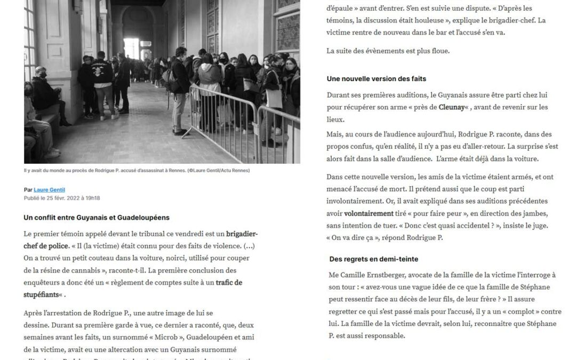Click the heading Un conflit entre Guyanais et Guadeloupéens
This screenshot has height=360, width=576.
tap(97, 218)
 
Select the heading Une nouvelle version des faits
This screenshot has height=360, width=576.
tap(377, 79)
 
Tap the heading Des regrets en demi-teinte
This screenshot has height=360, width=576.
tap(373, 259)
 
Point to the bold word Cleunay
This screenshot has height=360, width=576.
tap(451, 107)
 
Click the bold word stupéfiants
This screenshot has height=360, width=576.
tap(41, 295)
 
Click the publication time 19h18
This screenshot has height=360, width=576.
tap(93, 198)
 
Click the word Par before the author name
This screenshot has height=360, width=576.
tap(28, 189)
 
